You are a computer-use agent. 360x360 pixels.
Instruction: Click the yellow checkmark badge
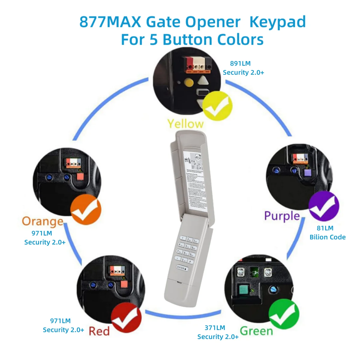point(217,106)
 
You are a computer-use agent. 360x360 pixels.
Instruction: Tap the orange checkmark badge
point(85,209)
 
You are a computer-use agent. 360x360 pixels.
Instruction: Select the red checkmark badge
point(126,318)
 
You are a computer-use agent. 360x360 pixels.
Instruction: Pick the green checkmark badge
point(283,314)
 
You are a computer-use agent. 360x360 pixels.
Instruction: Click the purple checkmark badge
point(323,206)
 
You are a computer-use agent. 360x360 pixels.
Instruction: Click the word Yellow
point(185,124)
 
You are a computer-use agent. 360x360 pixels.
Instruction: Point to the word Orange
point(43,221)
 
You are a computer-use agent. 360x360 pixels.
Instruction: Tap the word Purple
point(282,216)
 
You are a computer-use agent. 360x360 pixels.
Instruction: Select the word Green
point(256,331)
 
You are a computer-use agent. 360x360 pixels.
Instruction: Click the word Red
point(99,331)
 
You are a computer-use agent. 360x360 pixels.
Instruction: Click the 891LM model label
point(240,64)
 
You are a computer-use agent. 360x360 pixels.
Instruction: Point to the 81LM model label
point(325,228)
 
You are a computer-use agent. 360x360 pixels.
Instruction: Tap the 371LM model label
point(215,328)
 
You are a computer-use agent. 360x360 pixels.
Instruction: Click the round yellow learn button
point(188,82)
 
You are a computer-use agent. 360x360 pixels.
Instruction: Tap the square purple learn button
point(307,173)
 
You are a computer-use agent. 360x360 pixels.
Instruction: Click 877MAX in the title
point(110,22)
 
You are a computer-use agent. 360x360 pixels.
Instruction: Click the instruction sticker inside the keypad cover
point(195,180)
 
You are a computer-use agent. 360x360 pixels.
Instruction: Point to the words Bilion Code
point(328,237)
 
